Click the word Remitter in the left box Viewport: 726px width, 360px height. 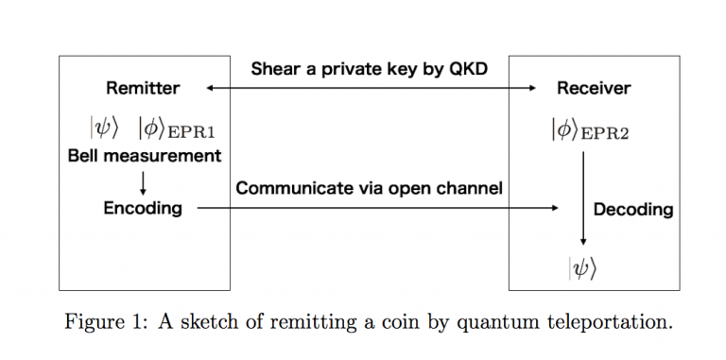click(x=143, y=89)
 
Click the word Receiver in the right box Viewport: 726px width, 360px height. click(x=593, y=89)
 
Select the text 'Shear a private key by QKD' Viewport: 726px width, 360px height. click(x=369, y=69)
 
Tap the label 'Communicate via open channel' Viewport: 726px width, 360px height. click(x=369, y=188)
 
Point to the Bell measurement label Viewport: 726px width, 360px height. click(x=145, y=156)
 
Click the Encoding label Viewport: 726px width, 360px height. click(x=143, y=208)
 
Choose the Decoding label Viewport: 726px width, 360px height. click(x=632, y=209)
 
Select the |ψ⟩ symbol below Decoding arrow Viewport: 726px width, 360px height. click(x=582, y=268)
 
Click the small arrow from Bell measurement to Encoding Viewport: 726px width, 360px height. click(x=143, y=182)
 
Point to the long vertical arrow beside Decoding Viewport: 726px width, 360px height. click(x=582, y=198)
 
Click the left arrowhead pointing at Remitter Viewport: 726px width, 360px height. click(x=211, y=89)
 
